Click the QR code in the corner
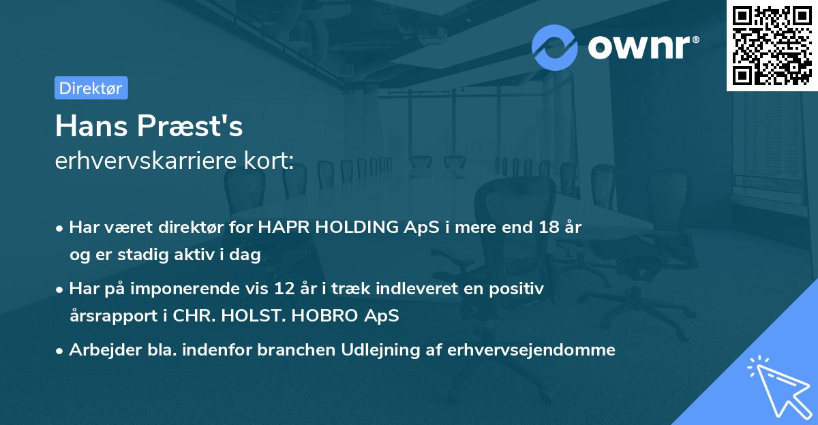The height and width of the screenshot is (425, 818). (x=772, y=46)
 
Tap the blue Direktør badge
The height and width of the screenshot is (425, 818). (x=91, y=88)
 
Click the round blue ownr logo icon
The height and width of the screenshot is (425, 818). (x=555, y=47)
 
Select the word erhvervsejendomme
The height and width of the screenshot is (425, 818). (x=532, y=350)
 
